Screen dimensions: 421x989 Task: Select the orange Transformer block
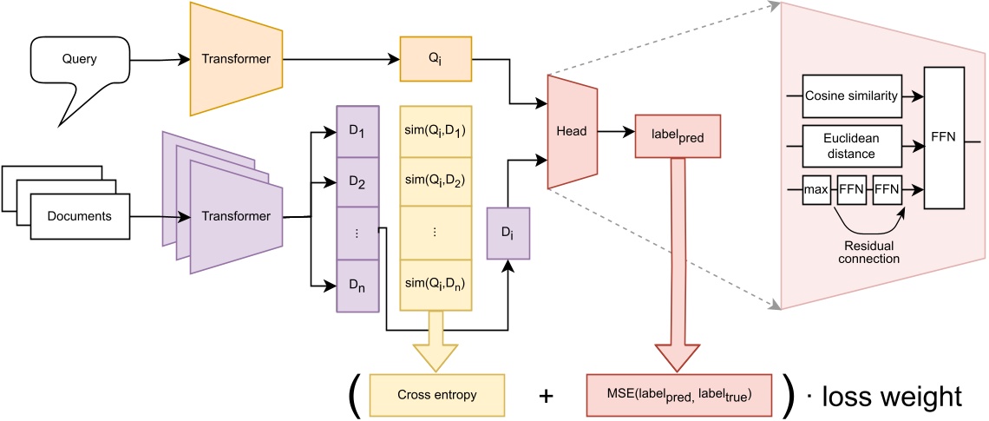click(236, 60)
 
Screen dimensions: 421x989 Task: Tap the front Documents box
click(79, 216)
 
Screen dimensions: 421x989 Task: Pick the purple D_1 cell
click(357, 131)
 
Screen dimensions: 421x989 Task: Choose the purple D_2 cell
click(357, 181)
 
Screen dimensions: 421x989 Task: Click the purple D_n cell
click(357, 285)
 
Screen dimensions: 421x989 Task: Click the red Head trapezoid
click(573, 132)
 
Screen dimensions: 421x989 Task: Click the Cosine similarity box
click(851, 95)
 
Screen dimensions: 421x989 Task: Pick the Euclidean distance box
click(851, 145)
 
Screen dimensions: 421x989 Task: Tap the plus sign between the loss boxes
click(547, 396)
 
